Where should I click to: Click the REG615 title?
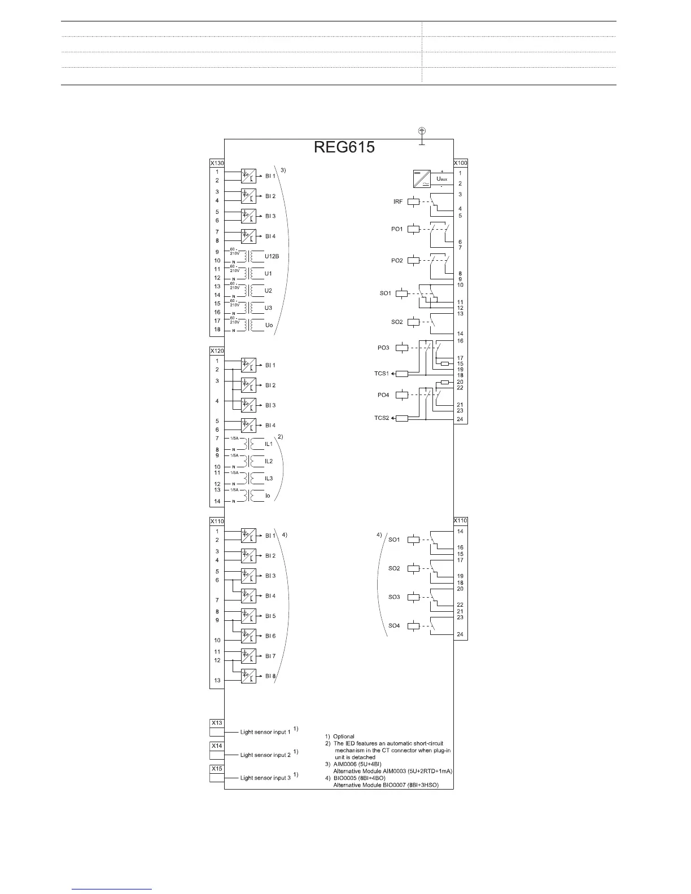344,147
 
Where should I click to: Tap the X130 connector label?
217,163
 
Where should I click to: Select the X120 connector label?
217,351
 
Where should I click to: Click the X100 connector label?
460,163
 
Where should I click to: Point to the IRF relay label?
398,201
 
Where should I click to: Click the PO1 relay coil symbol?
414,229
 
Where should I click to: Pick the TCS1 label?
382,374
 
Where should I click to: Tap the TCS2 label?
382,418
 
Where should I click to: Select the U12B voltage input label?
272,256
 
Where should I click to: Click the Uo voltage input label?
269,325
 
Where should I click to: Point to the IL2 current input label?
269,462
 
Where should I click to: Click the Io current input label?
268,496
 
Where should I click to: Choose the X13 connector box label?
217,723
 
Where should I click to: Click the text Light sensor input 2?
265,755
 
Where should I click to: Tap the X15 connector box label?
217,769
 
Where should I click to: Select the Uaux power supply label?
442,179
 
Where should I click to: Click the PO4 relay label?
383,395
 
